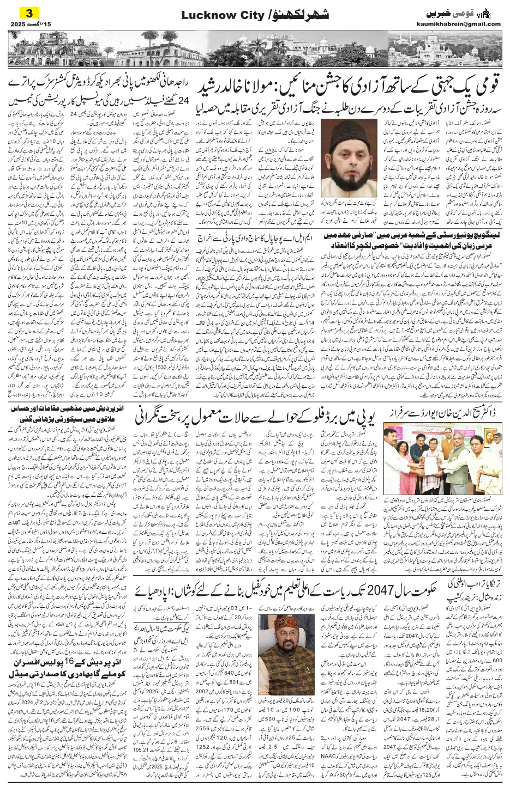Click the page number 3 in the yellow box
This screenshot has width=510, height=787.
point(15,12)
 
